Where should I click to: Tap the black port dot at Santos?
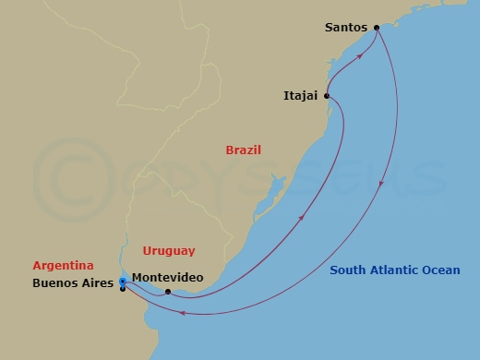click(377, 28)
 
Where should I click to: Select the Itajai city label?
click(301, 94)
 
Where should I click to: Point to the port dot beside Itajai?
click(327, 94)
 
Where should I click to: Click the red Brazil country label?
click(244, 150)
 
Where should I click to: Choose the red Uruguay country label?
click(169, 250)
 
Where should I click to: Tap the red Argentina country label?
click(63, 265)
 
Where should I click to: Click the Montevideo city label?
click(169, 277)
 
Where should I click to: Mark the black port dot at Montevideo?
click(167, 292)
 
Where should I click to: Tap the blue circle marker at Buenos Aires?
click(123, 282)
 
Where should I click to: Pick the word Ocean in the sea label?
click(441, 270)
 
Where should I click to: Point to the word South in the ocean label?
click(350, 270)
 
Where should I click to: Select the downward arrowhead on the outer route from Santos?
click(382, 188)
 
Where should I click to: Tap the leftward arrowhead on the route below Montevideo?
click(183, 313)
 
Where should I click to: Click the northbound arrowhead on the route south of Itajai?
click(303, 219)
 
